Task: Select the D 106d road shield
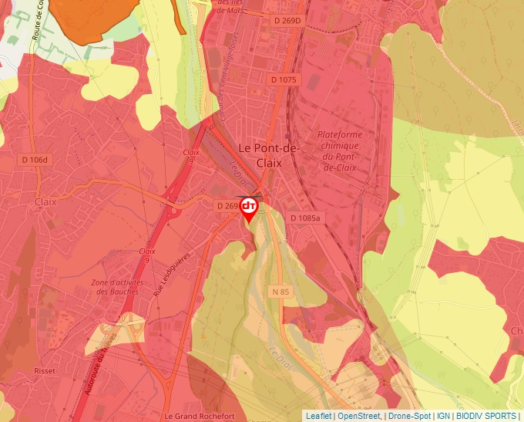coord(34,160)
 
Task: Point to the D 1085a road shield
coord(305,218)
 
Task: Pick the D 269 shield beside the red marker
coord(227,206)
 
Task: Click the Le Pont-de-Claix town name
coord(260,155)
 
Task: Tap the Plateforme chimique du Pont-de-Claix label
coord(339,150)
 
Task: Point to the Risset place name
coord(45,371)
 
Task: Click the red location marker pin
coord(249,209)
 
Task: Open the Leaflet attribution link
coord(318,416)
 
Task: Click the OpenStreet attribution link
coord(359,416)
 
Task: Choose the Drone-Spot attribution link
coord(409,416)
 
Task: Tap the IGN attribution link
coord(443,416)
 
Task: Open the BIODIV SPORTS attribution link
coord(486,416)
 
